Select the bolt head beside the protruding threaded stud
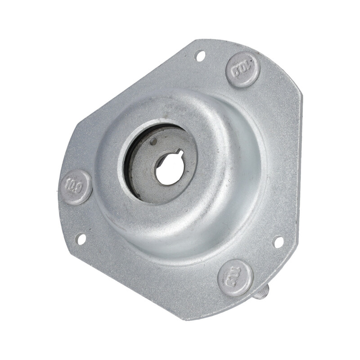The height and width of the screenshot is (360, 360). point(235,278)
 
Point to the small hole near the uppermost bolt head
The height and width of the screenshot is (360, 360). point(199,54)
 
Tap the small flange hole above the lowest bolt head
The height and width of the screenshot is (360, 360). point(279,241)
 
